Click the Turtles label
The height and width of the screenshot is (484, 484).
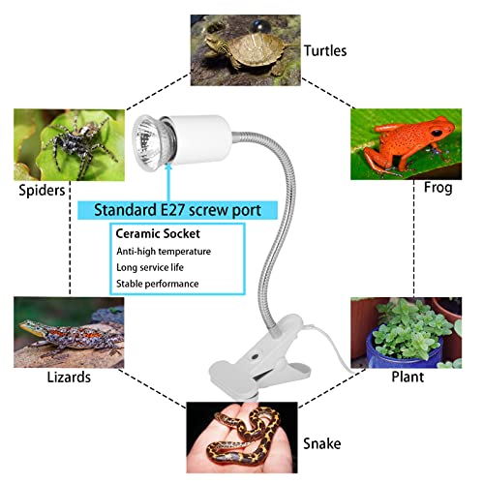(325, 51)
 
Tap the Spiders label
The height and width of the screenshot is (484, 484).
(42, 190)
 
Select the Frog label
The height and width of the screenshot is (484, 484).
(438, 188)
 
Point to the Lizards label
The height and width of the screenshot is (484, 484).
(69, 377)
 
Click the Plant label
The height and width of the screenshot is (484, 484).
(408, 377)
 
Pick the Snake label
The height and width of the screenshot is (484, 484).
(321, 443)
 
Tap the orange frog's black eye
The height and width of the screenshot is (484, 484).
(437, 133)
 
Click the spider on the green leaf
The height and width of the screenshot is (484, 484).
(78, 142)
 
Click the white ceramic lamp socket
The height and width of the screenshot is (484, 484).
(200, 138)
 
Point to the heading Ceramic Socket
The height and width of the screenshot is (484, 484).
(158, 233)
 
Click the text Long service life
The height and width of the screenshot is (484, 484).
(150, 267)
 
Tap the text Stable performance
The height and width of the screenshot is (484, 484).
(158, 284)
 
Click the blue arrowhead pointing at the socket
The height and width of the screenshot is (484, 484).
(167, 166)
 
